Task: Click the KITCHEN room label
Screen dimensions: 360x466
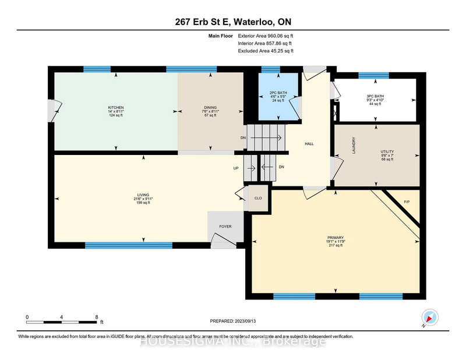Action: [116, 108]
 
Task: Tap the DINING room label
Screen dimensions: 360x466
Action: [210, 108]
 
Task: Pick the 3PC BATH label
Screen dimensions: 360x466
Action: [375, 95]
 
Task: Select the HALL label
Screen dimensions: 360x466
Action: [310, 143]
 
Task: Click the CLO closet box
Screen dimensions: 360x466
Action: [258, 197]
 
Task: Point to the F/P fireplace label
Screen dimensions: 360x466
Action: [407, 202]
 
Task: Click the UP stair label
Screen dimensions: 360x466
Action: [236, 168]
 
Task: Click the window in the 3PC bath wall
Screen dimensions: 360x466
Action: [373, 75]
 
